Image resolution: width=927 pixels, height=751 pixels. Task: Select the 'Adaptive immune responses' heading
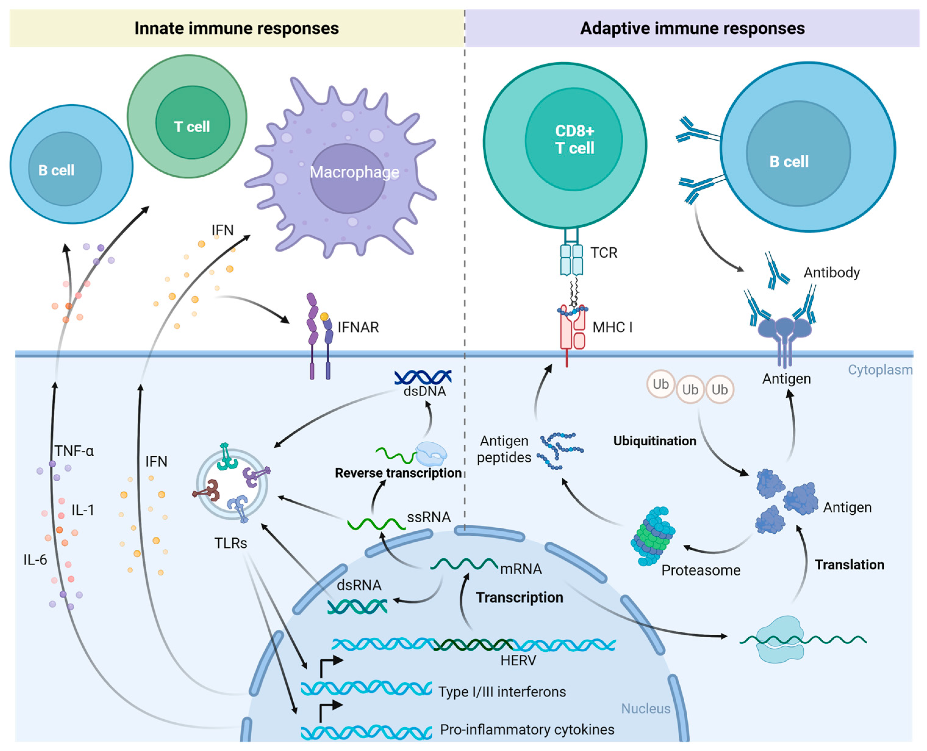click(692, 29)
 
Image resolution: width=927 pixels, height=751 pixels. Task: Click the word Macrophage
click(354, 172)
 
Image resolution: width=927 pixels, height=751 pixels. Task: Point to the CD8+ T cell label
click(574, 139)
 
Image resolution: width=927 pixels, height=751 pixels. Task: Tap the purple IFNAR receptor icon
click(319, 333)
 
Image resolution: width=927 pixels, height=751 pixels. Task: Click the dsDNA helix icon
click(423, 377)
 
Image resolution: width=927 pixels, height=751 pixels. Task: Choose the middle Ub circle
click(690, 389)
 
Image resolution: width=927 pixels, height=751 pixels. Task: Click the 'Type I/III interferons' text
click(502, 692)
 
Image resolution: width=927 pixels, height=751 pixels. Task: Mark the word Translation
click(849, 565)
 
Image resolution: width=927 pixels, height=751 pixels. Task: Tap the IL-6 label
click(35, 560)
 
